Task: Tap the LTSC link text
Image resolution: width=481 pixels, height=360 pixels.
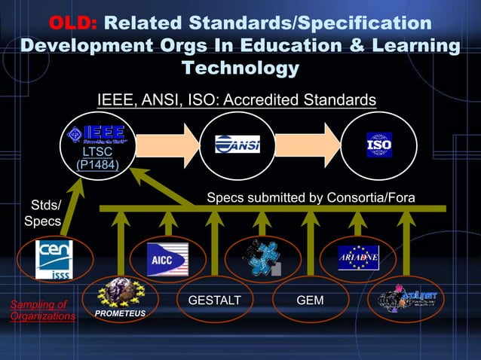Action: coord(97,152)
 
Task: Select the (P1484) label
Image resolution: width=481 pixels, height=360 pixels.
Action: coord(97,164)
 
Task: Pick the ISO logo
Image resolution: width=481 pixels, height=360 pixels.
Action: coord(378,144)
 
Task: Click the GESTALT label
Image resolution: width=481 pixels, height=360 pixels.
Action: coord(215,301)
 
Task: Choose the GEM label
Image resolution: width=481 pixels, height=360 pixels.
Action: coord(310,301)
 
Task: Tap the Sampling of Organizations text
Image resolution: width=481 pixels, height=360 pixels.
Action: coord(42,310)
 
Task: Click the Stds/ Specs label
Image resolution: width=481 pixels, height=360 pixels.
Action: coord(43,213)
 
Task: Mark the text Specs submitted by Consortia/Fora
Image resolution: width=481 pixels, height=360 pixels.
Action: coord(311,198)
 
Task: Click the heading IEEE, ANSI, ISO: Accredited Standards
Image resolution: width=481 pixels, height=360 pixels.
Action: coord(236,100)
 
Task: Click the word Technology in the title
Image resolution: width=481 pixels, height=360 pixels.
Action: coord(240,69)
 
